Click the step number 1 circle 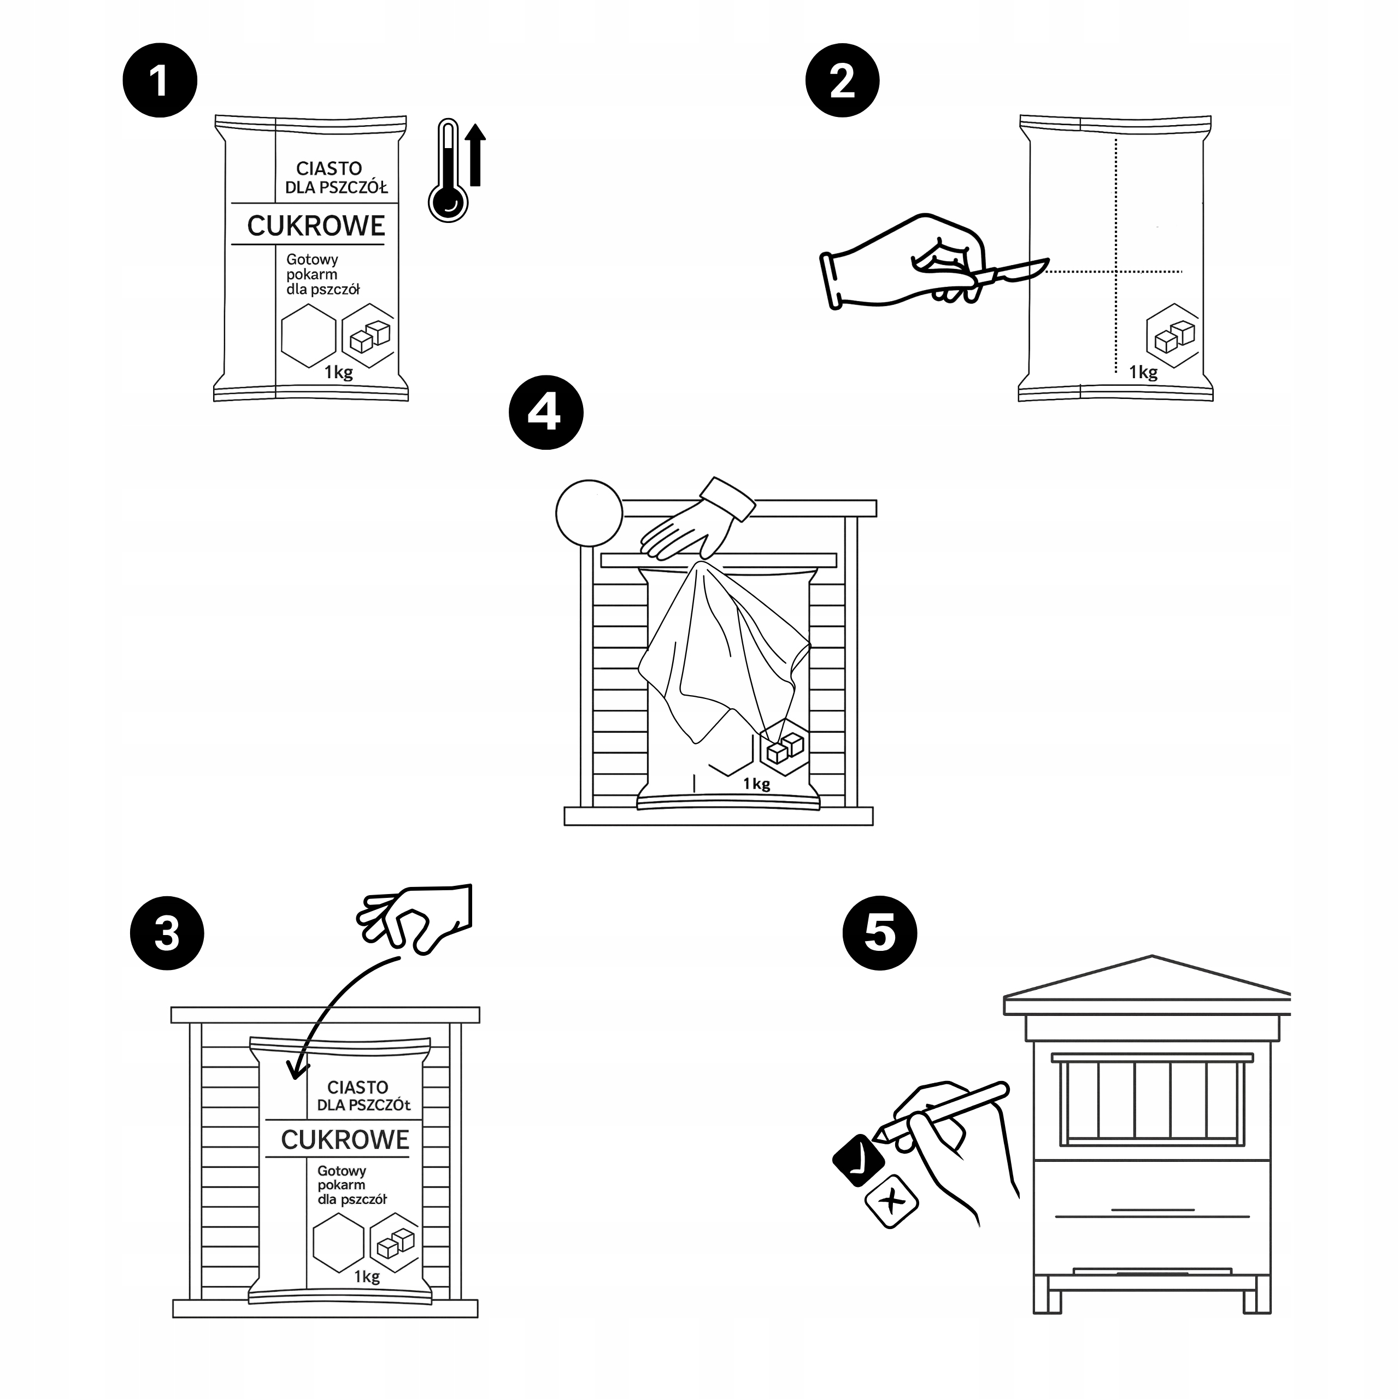[x=160, y=80]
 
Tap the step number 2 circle [x=842, y=80]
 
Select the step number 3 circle [x=167, y=933]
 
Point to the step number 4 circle [x=545, y=412]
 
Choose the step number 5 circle [x=879, y=933]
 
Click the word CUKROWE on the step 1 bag [x=316, y=226]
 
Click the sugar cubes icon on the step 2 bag [x=1173, y=335]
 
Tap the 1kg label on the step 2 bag [x=1143, y=372]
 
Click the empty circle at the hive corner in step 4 [x=589, y=513]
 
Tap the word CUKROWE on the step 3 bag [x=345, y=1140]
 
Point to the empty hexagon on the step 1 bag [x=308, y=335]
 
